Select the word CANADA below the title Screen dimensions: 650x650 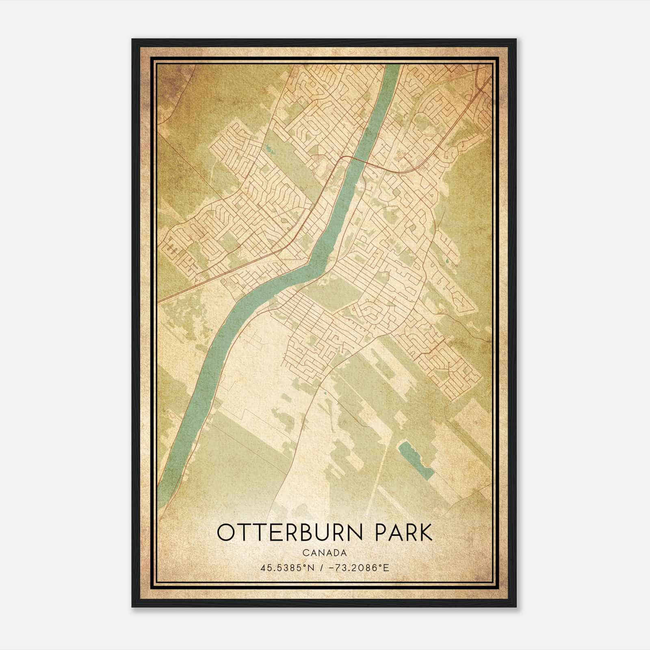(324, 553)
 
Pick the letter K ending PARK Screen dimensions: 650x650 (425, 533)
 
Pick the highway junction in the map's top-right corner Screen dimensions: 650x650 (479, 81)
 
